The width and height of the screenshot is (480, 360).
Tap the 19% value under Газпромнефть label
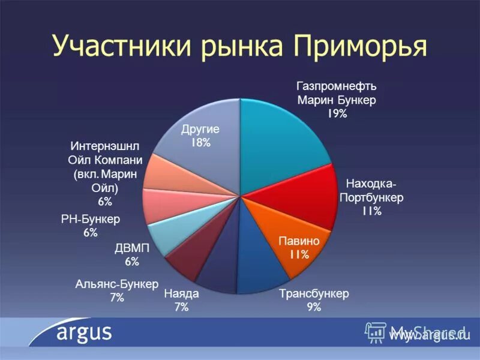point(337,113)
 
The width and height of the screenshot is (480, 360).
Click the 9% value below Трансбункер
point(314,307)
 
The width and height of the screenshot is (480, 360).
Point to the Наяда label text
point(181,295)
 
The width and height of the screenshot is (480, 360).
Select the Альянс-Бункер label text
point(116,284)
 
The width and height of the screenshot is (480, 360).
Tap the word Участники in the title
point(120,47)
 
